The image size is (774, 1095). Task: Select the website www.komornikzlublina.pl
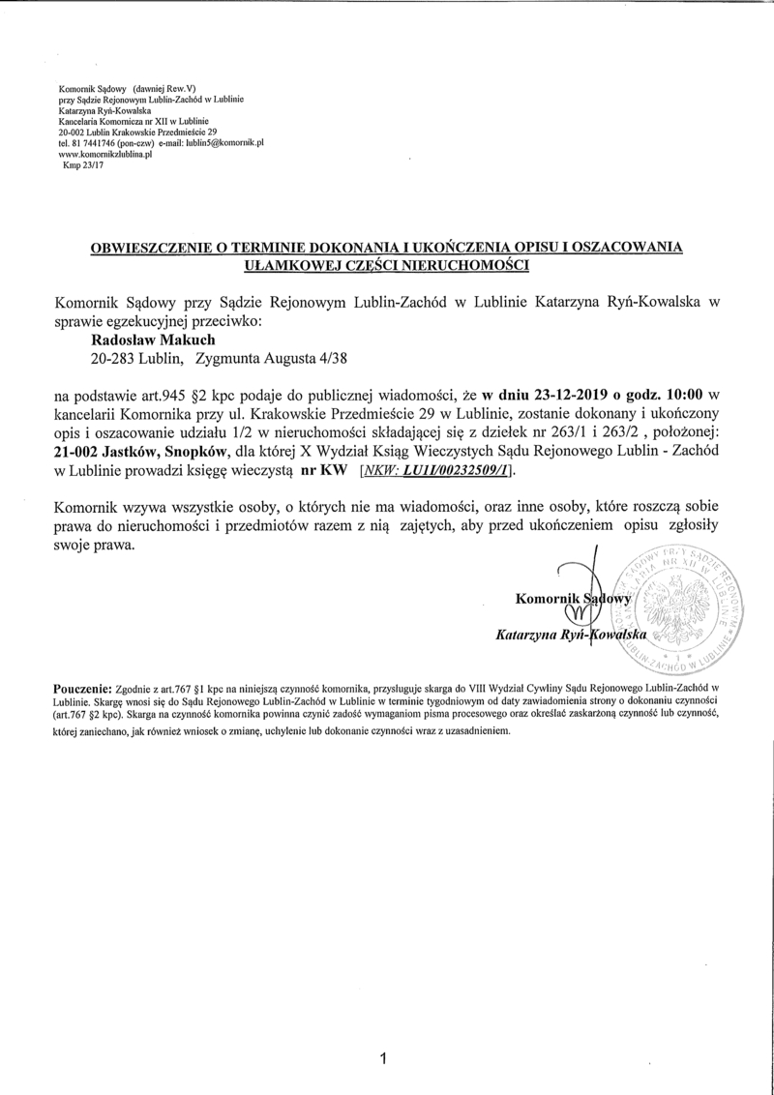tap(105, 153)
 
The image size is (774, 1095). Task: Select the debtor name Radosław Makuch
tap(152, 340)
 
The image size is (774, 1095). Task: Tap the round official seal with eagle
tap(677, 611)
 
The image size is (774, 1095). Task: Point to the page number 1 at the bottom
tap(384, 1058)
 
